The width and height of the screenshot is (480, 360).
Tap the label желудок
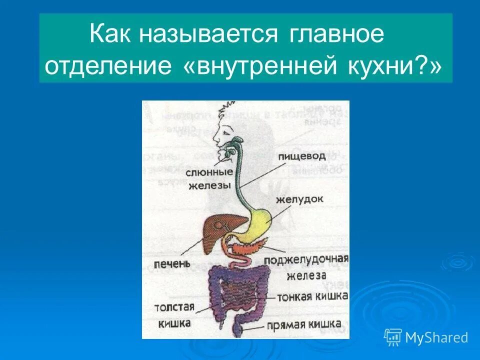(299, 199)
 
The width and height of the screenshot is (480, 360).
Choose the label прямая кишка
(304, 324)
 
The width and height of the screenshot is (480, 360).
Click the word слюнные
(209, 173)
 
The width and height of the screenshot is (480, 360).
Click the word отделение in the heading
(107, 67)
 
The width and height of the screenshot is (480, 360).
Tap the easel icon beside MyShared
(393, 337)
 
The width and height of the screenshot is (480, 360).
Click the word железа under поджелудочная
(306, 275)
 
